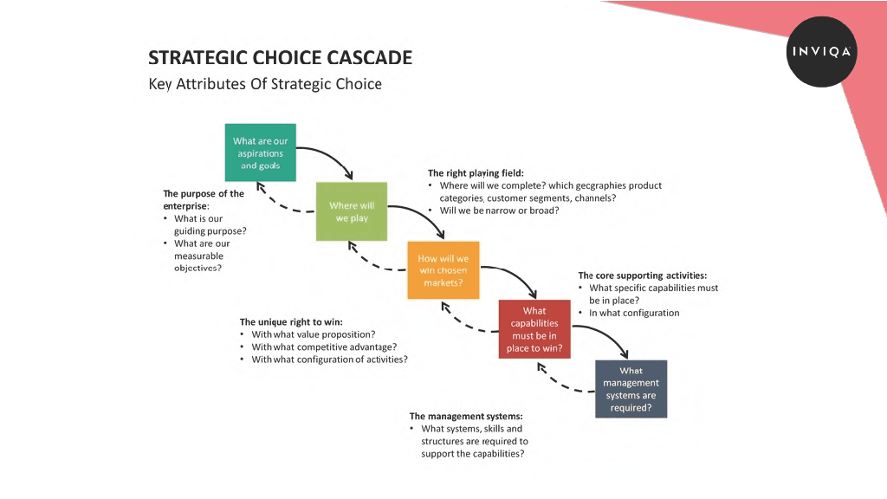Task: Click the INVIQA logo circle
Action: click(821, 51)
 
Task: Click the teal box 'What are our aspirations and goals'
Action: click(260, 152)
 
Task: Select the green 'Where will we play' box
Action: click(352, 211)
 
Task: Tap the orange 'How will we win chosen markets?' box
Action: click(443, 270)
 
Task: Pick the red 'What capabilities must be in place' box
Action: click(534, 329)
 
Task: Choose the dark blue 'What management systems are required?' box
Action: click(631, 389)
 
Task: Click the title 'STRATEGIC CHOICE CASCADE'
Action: click(280, 58)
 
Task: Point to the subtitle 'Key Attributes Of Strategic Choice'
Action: click(265, 84)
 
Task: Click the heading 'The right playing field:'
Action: click(476, 173)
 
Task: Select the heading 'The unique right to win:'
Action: click(291, 322)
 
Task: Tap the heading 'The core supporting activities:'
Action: click(643, 275)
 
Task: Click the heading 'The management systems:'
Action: click(466, 417)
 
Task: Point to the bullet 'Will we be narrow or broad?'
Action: click(499, 211)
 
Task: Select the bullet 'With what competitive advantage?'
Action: click(324, 347)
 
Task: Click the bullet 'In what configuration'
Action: click(634, 313)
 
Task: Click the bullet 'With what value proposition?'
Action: click(314, 334)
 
